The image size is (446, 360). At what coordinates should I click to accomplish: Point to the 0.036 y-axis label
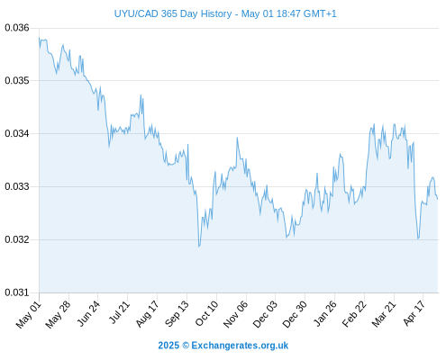point(17,28)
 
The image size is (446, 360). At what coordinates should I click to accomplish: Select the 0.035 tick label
point(17,81)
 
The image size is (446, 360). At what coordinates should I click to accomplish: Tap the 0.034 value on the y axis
point(17,133)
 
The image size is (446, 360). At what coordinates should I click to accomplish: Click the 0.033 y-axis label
point(17,186)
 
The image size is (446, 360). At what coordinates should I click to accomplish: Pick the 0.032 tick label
point(17,239)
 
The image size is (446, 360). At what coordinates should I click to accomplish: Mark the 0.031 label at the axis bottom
point(17,292)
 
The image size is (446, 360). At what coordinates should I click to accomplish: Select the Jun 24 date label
point(88,313)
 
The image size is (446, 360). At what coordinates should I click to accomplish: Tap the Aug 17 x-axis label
point(147,314)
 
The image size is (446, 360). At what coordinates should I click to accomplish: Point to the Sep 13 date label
point(177,314)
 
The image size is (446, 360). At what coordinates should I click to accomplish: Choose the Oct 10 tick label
point(207,313)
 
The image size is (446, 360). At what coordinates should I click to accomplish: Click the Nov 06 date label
point(236,314)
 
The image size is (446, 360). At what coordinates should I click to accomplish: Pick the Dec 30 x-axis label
point(295,314)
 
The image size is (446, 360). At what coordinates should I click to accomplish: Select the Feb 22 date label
point(354,314)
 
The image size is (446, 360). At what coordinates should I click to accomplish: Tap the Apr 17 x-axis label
point(414,313)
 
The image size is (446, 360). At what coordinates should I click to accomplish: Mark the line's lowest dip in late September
point(199,247)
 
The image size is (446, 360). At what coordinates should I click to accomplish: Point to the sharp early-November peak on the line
point(237,138)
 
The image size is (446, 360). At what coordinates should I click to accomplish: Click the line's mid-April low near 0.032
point(418,238)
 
